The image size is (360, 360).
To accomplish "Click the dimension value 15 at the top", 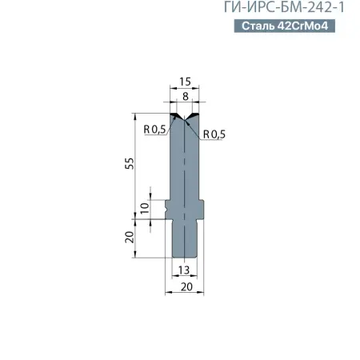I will tap(185, 82).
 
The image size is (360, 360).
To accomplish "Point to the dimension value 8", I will tap(185, 96).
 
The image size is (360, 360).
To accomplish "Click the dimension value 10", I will tap(144, 206).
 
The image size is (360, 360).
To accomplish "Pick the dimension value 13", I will tap(185, 271).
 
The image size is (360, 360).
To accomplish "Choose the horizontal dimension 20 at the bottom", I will tap(185, 286).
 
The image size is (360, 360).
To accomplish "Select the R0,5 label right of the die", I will tap(216, 134).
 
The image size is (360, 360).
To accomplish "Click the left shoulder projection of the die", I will tap(169, 206).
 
